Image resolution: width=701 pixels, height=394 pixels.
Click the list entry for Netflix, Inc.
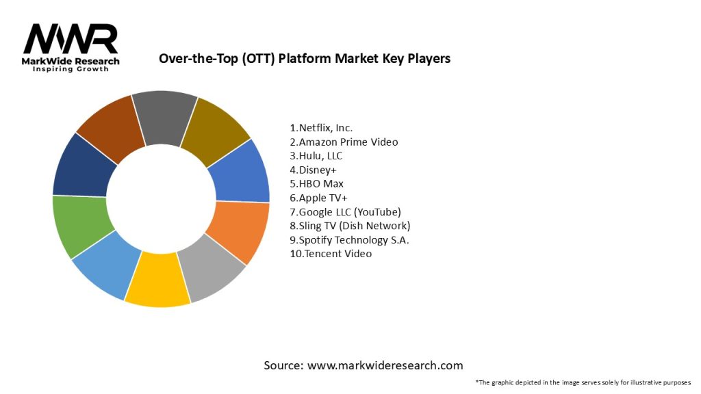click(321, 128)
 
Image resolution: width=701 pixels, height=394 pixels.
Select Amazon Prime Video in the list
click(344, 142)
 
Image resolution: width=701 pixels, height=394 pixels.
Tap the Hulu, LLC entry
click(316, 156)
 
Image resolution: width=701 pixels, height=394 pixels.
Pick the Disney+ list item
click(312, 170)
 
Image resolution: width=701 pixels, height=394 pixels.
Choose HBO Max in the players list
click(316, 183)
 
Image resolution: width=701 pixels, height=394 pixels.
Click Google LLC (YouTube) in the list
click(345, 211)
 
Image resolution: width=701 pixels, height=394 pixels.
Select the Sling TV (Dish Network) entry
click(350, 226)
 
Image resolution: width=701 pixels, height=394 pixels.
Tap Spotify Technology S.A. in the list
click(350, 239)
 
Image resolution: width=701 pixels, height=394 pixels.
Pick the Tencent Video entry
click(331, 254)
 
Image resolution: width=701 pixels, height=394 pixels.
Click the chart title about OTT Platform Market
click(305, 58)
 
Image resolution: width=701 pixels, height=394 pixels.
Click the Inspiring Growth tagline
click(71, 70)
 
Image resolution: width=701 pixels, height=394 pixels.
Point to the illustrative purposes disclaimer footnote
click(583, 382)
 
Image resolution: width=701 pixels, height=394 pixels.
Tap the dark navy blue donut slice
click(81, 166)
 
